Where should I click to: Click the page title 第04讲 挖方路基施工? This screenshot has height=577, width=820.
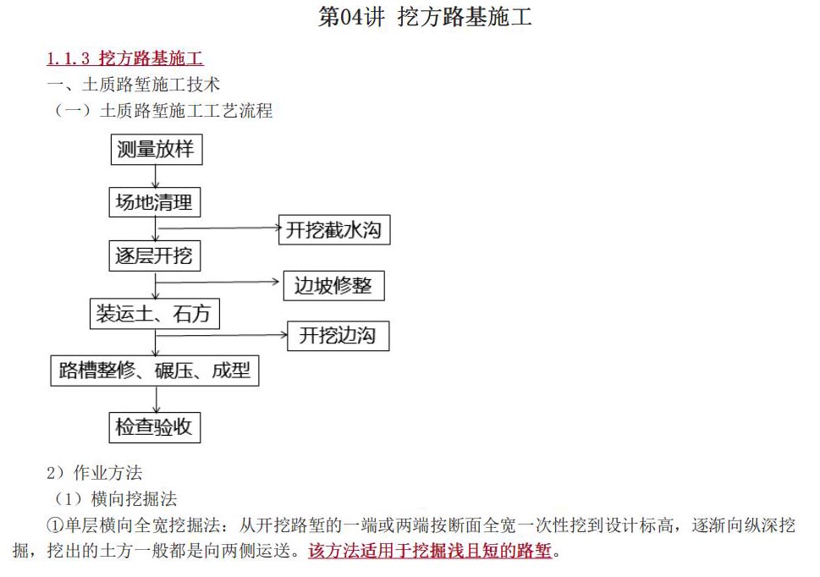tap(425, 17)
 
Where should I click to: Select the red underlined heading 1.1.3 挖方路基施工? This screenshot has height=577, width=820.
tap(125, 58)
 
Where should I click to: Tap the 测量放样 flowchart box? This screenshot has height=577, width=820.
tap(157, 150)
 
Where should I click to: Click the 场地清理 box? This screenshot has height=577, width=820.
tap(155, 202)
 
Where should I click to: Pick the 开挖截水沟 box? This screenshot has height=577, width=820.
tap(334, 230)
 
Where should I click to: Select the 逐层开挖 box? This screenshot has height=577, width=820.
tap(155, 256)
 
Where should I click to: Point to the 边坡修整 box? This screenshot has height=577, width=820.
tap(333, 285)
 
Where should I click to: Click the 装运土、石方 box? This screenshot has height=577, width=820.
tap(155, 314)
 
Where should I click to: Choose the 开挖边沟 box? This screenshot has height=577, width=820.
tap(338, 336)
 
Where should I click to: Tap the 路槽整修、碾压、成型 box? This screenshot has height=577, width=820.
tap(155, 371)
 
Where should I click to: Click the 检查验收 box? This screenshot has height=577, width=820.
tap(155, 427)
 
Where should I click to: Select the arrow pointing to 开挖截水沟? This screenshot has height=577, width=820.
tap(219, 228)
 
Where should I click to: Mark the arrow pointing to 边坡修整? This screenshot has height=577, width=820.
tap(217, 283)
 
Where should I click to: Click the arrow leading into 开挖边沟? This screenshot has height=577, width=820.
tap(222, 335)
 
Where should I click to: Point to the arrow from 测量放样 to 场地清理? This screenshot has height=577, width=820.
tap(156, 177)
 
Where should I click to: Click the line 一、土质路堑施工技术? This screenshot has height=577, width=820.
tap(134, 84)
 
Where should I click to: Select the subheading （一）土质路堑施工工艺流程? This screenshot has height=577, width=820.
tap(163, 110)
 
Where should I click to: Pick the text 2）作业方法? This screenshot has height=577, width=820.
tap(94, 472)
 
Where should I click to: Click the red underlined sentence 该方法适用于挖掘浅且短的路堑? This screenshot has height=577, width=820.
tap(430, 550)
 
